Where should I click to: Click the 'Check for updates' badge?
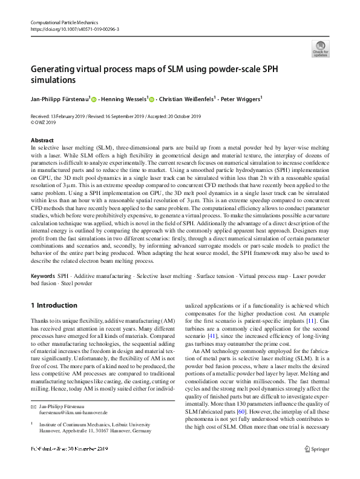coord(320,49)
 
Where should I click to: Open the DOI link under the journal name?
coord(74,29)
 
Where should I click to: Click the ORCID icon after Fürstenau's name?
coord(94,99)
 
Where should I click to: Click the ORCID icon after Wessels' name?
coord(152,99)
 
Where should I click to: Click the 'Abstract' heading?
coord(41,140)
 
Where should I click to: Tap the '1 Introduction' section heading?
coord(54,305)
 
